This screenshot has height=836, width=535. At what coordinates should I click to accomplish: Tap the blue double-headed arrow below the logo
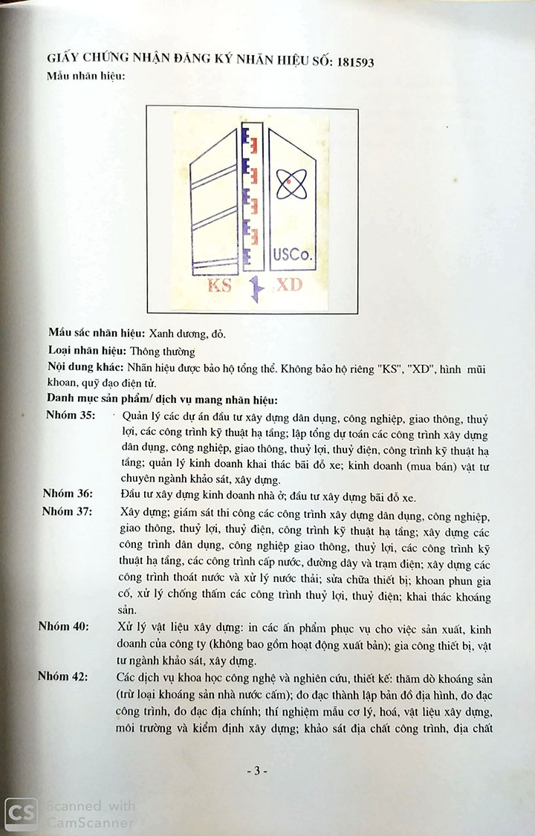point(253,289)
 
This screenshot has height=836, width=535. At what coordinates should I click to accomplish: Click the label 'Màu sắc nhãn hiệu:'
point(97,334)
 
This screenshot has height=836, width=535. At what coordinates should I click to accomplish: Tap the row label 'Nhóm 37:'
point(68,511)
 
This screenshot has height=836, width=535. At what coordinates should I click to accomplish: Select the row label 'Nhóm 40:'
point(64,626)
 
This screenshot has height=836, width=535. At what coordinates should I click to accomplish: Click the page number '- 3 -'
point(257,771)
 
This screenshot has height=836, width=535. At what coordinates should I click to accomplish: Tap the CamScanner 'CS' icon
point(21,814)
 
